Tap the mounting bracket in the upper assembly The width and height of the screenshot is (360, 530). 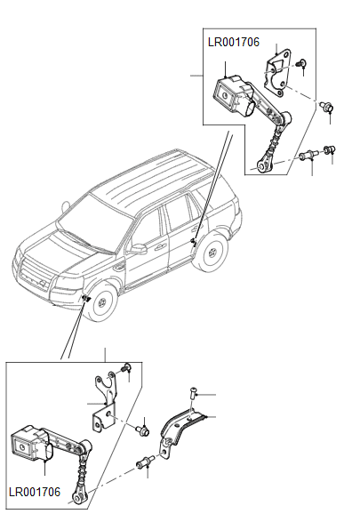(x=284, y=69)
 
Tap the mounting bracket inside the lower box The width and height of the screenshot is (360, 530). (x=105, y=400)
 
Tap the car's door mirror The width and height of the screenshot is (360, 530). (x=139, y=249)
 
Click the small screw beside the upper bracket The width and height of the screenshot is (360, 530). (x=303, y=63)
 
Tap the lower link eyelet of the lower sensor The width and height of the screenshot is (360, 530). (x=82, y=498)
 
